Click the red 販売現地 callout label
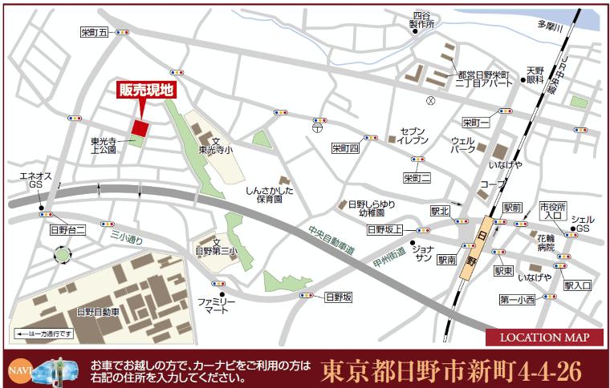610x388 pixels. pos(145,91)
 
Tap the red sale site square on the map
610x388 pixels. pos(140,128)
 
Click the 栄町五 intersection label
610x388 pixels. pos(94,33)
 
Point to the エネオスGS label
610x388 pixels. pos(35,179)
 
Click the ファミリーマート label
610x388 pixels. pos(216,306)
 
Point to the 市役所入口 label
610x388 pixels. pos(552,210)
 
